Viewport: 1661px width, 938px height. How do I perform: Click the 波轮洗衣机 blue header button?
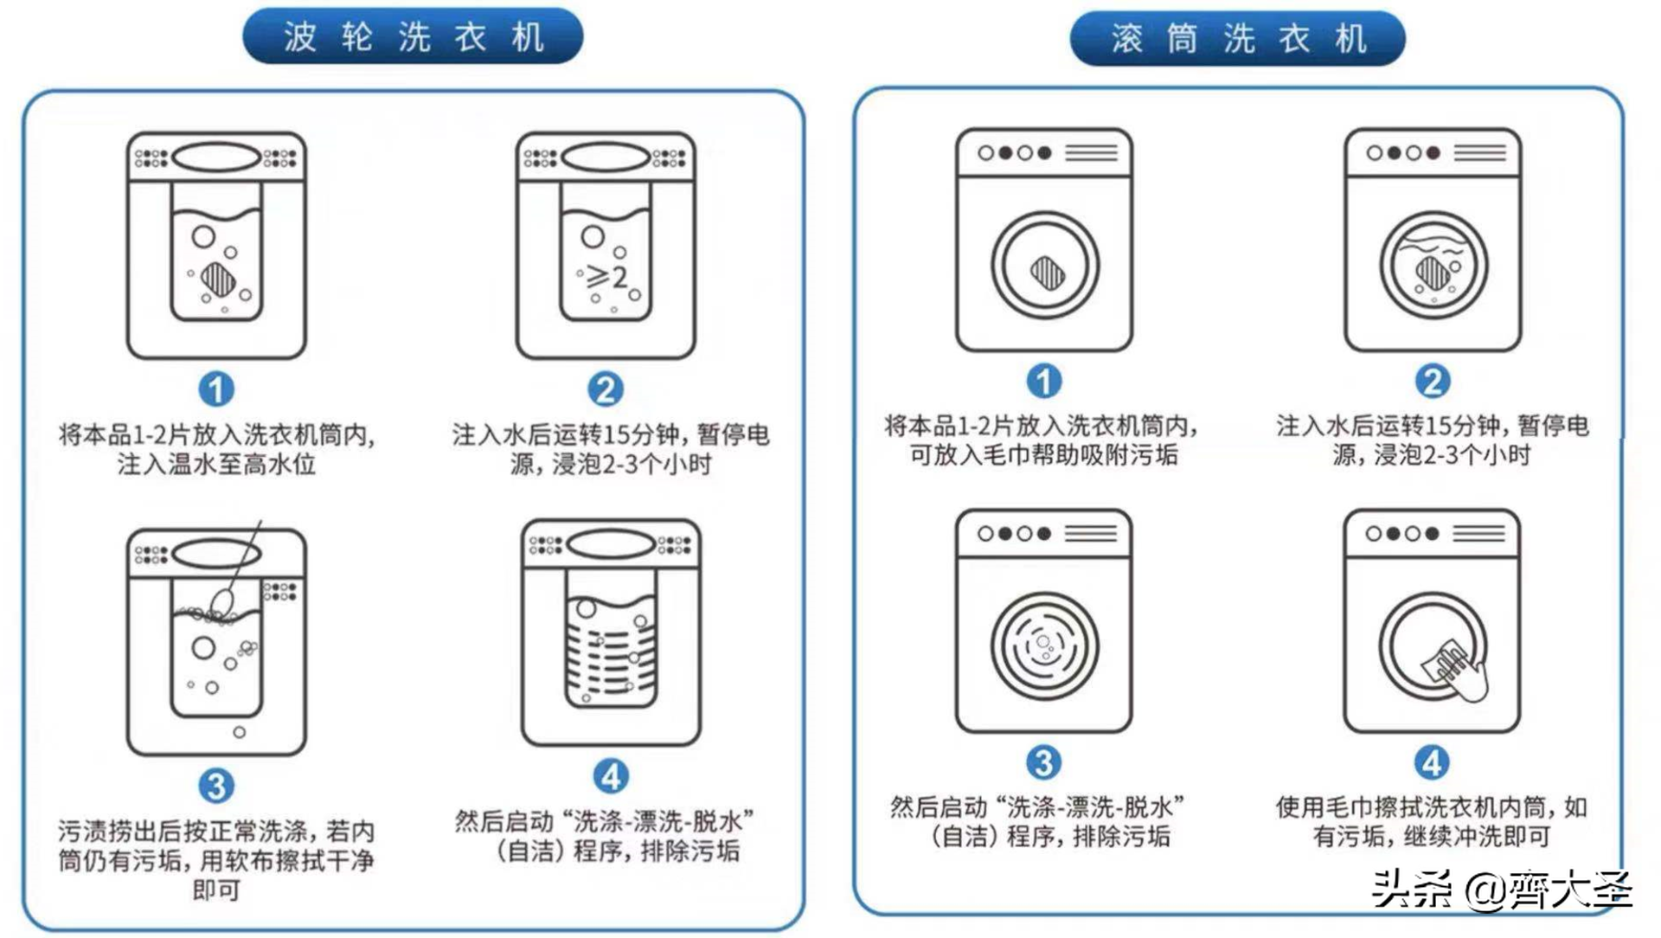tap(413, 36)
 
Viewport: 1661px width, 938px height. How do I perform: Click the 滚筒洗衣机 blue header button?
tap(1237, 39)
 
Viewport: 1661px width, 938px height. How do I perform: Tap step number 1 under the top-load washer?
tap(216, 389)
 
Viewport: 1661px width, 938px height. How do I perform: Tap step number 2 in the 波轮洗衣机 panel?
tap(606, 389)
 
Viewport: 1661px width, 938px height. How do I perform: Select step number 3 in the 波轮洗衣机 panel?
tap(216, 786)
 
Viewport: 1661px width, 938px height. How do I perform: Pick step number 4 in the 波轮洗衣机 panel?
tap(611, 776)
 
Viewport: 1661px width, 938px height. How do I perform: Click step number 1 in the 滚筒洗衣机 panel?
tap(1043, 382)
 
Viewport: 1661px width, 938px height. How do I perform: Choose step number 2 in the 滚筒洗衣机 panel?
tap(1433, 382)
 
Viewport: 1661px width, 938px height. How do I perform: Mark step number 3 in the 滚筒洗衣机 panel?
tap(1043, 762)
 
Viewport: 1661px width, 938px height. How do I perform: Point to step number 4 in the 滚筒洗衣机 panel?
tap(1432, 762)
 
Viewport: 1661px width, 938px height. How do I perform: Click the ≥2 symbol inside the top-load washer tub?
tap(607, 277)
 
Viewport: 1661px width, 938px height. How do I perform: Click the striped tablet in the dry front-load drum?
tap(1047, 273)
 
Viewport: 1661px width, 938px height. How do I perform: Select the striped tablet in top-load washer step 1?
tap(217, 279)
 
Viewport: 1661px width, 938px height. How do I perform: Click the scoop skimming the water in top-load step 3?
tap(224, 599)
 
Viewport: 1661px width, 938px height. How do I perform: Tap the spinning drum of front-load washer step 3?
tap(1044, 646)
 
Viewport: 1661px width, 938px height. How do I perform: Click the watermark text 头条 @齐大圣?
tap(1501, 890)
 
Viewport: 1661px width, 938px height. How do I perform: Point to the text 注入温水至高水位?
tap(216, 464)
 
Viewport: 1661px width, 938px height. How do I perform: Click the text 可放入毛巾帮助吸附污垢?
tap(1043, 455)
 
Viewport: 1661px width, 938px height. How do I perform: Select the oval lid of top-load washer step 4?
tap(611, 544)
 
